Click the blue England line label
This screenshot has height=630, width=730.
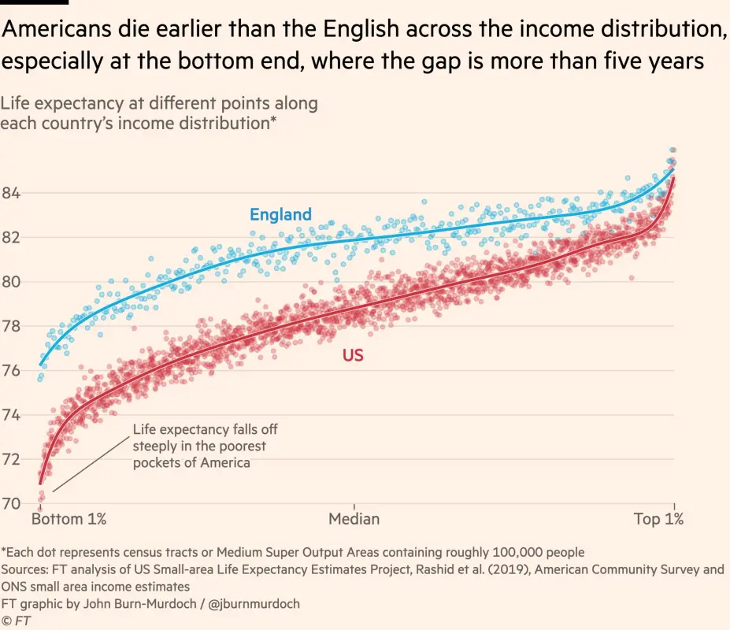pyautogui.click(x=280, y=214)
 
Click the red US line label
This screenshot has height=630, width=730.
pyautogui.click(x=353, y=356)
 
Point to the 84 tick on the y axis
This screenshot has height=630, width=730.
pyautogui.click(x=12, y=193)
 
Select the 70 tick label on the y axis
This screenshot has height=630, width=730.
pyautogui.click(x=12, y=504)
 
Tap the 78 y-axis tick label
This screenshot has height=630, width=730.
pyautogui.click(x=12, y=326)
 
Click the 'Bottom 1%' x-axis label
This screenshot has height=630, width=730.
pyautogui.click(x=69, y=519)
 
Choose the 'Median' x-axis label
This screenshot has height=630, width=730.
pyautogui.click(x=354, y=519)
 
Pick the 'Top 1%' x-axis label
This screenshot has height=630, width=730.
pyautogui.click(x=658, y=519)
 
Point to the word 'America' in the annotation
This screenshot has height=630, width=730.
pyautogui.click(x=224, y=463)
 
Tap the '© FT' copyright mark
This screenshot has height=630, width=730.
pyautogui.click(x=17, y=621)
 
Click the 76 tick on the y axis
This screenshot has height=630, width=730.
pyautogui.click(x=12, y=371)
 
